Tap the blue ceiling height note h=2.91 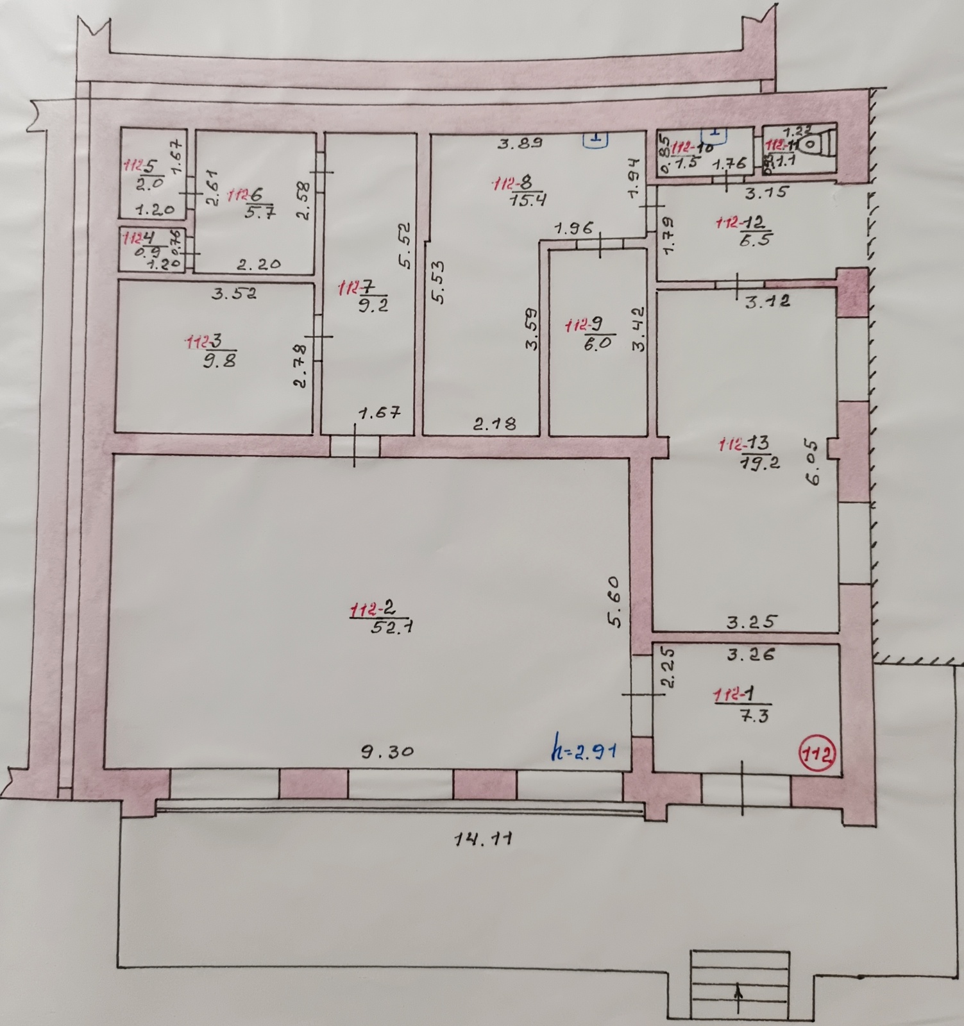pos(584,749)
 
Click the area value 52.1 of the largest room pos(392,627)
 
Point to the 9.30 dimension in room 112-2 pos(386,751)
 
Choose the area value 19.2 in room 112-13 pos(759,463)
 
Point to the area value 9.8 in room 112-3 pos(219,361)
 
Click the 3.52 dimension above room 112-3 pos(235,294)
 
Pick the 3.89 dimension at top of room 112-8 pos(520,143)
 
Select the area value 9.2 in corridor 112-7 pos(373,305)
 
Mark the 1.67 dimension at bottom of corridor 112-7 pos(380,413)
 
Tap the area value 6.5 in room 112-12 pos(758,239)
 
